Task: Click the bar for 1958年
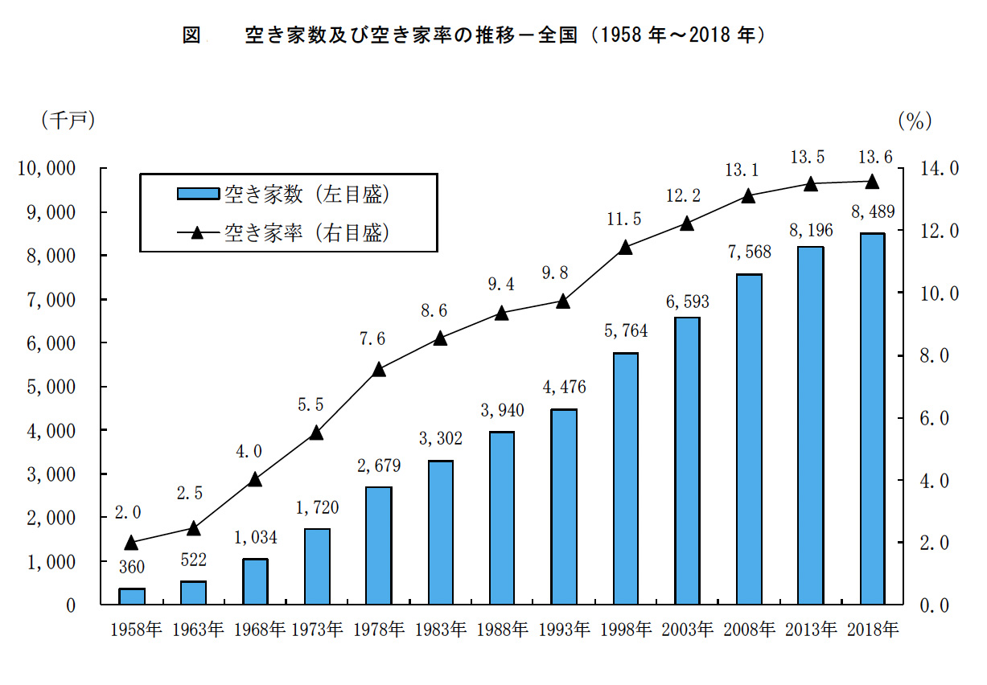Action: tap(132, 596)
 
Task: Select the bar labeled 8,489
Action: tap(871, 419)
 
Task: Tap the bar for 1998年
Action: tap(625, 478)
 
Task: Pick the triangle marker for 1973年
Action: tap(316, 433)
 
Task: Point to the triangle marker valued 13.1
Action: tap(748, 195)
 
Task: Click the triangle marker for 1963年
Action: tap(193, 528)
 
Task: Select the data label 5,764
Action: tap(625, 331)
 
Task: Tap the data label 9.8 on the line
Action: tap(563, 273)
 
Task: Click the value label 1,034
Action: tap(255, 538)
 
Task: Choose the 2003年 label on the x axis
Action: tap(686, 630)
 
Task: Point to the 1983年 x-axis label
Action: tap(440, 630)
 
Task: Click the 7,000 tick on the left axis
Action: tap(51, 299)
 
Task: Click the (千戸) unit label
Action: tap(68, 120)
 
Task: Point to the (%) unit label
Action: tap(915, 121)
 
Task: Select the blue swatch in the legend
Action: tap(196, 193)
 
